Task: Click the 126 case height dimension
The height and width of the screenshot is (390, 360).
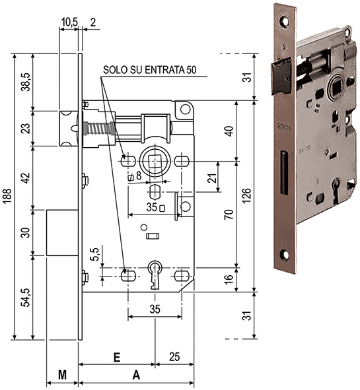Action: [246, 195]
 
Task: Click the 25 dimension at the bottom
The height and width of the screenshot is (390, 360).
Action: [174, 357]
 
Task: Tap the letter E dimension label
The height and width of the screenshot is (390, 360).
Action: [116, 357]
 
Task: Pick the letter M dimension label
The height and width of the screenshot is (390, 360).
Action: [62, 375]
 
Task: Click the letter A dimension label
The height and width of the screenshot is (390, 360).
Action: [136, 375]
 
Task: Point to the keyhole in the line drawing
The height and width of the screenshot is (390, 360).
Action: [155, 275]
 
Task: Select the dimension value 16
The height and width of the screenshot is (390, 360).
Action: [229, 280]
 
